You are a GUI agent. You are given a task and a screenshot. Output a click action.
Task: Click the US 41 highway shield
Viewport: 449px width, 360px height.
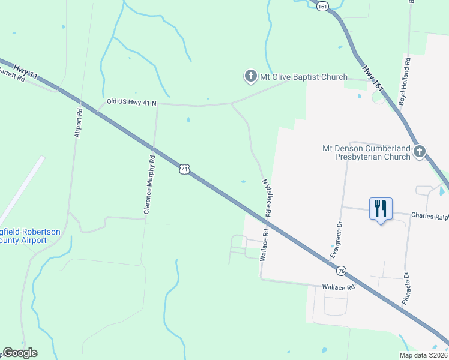click(x=185, y=170)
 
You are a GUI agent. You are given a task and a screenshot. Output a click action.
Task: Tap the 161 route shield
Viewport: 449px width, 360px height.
click(x=324, y=6)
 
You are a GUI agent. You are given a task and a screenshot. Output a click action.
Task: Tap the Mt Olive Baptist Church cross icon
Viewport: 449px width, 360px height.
click(x=250, y=77)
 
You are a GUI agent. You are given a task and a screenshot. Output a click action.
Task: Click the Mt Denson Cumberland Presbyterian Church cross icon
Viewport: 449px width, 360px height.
click(x=420, y=152)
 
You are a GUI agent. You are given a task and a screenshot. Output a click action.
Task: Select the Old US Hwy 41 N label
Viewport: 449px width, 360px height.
click(x=131, y=103)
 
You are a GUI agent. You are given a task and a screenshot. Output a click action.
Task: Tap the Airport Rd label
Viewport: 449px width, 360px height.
click(x=78, y=123)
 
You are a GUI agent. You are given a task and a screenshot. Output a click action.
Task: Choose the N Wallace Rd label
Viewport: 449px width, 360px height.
click(x=266, y=197)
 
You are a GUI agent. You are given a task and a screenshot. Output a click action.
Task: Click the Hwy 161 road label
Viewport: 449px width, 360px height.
click(x=373, y=76)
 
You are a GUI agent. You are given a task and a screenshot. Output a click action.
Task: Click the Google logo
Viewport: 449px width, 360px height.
click(x=20, y=353)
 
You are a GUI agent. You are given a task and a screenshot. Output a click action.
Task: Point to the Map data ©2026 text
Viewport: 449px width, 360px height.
click(x=423, y=355)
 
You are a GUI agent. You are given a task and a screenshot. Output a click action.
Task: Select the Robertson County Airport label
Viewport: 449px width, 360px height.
click(x=24, y=235)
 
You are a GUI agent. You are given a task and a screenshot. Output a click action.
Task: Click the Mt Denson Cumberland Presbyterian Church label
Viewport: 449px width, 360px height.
click(x=366, y=152)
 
